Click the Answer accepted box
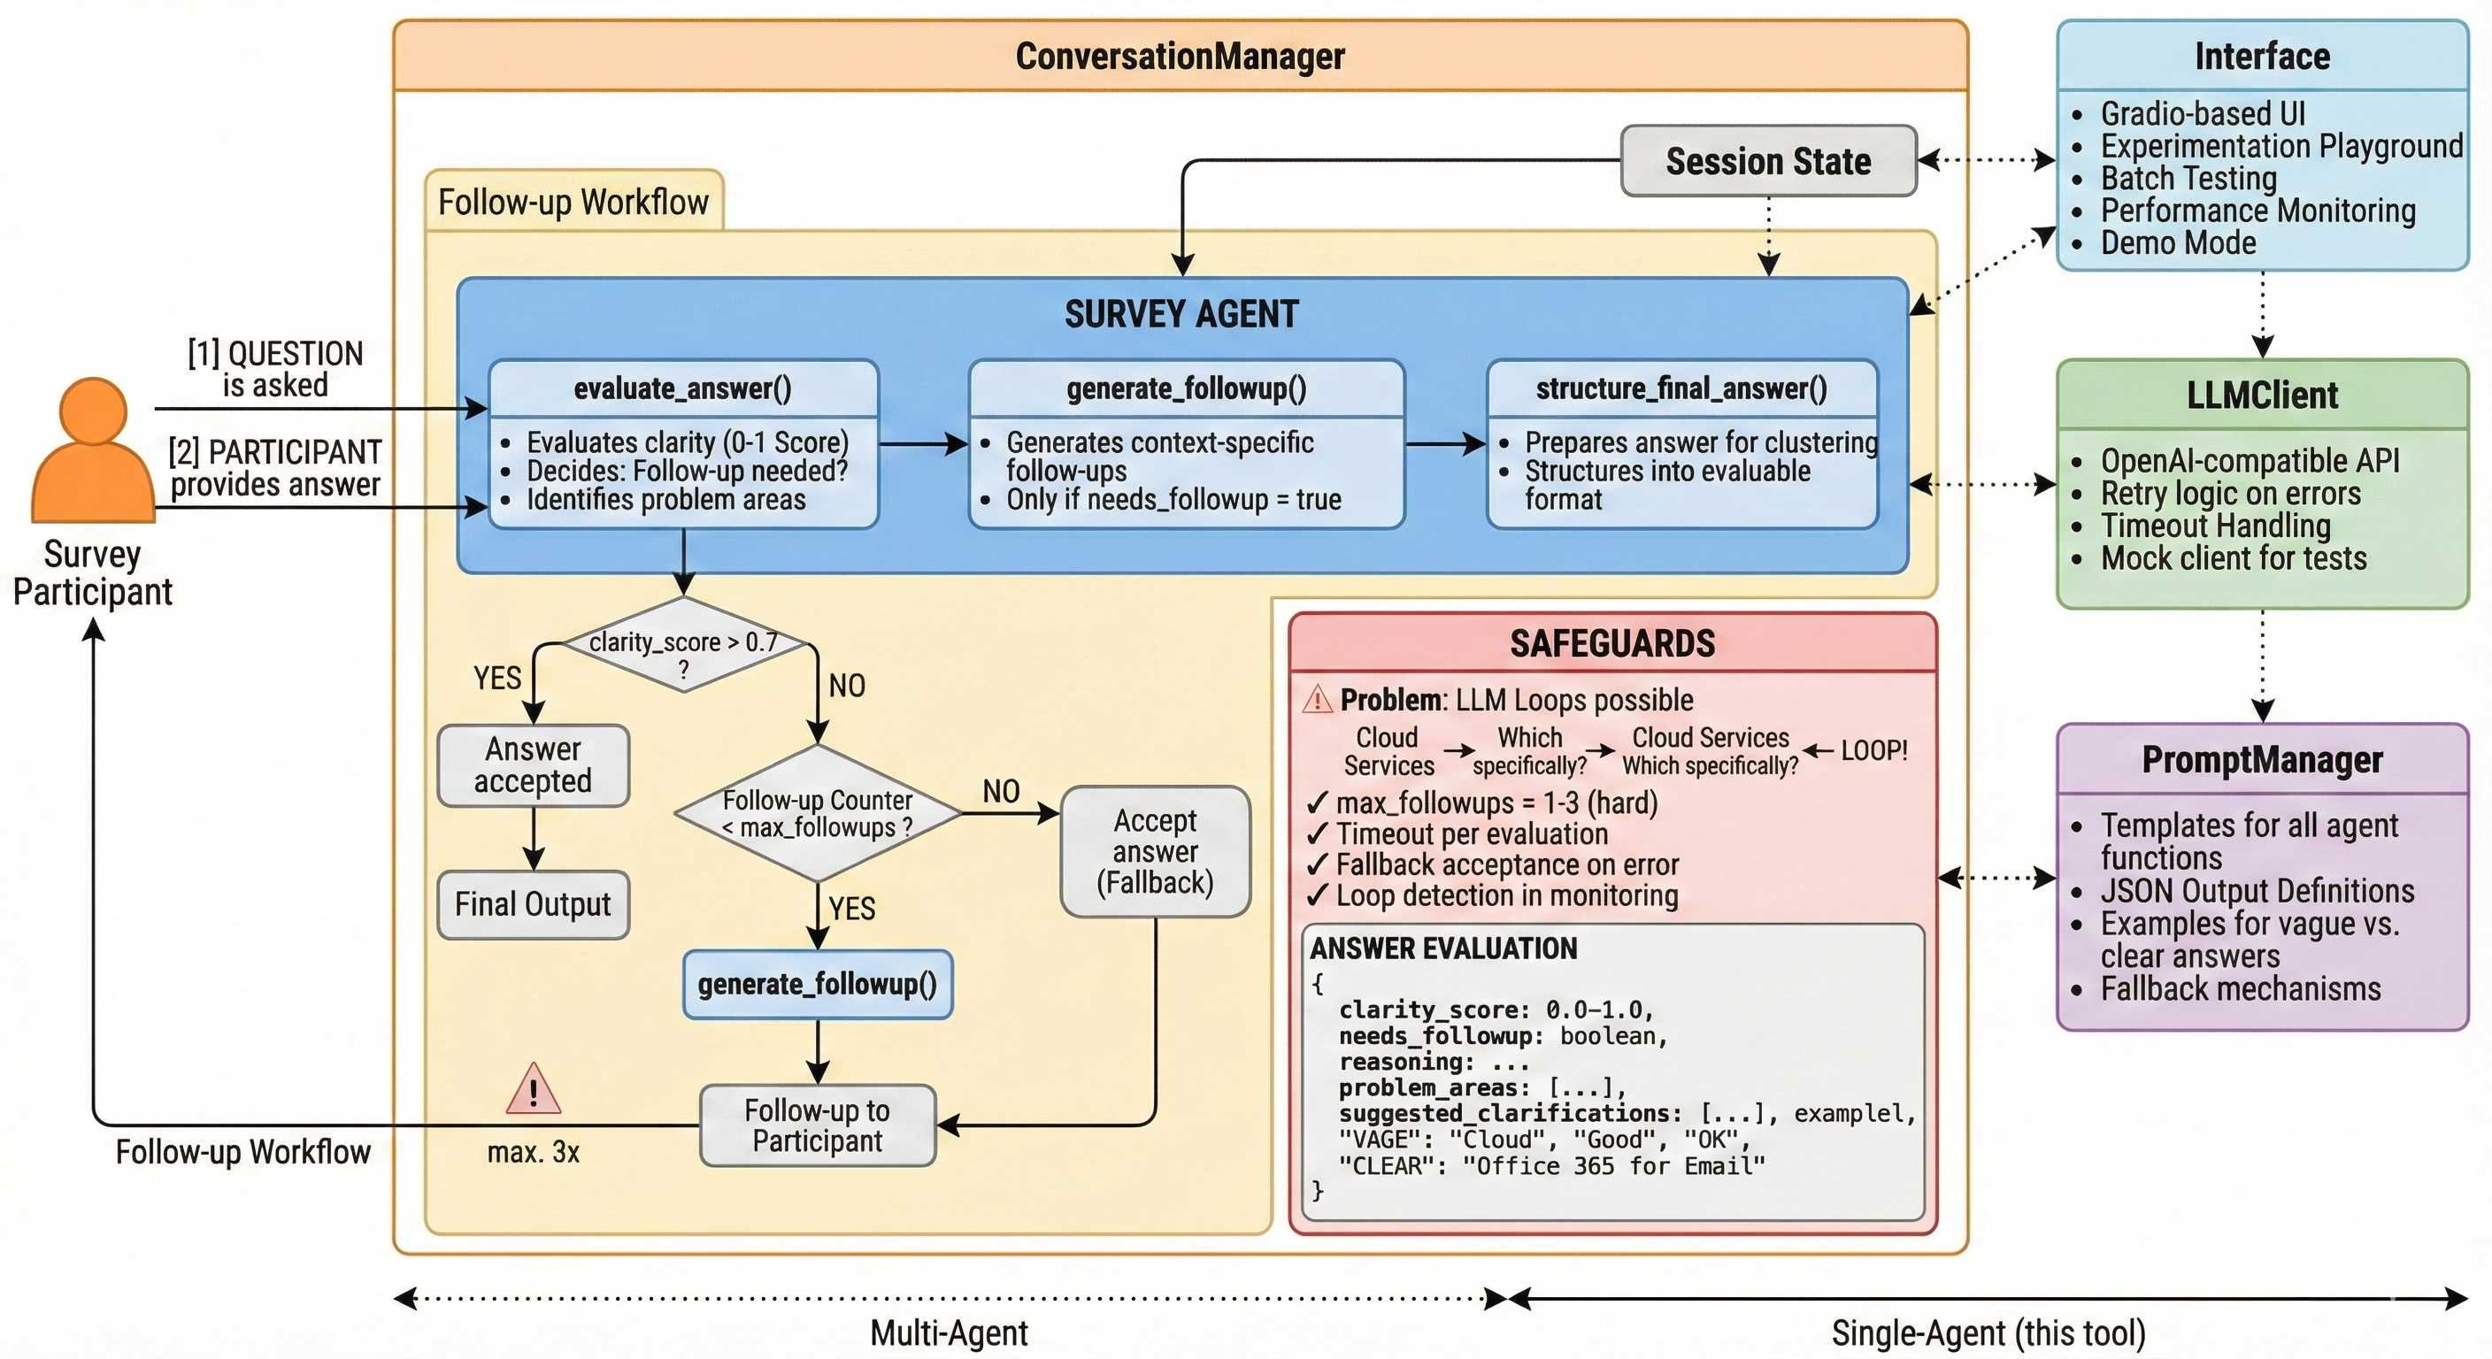tap(533, 765)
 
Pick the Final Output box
tap(533, 904)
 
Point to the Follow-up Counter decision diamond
tap(818, 813)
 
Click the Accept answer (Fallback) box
tap(1155, 851)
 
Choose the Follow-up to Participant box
tap(818, 1125)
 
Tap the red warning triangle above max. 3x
tap(533, 1090)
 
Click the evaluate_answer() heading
tap(683, 388)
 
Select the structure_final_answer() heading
tap(1681, 388)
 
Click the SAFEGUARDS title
tap(1612, 644)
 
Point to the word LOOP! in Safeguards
tap(1873, 750)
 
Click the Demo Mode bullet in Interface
tap(2178, 242)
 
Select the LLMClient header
tap(2262, 395)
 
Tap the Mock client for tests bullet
tap(2233, 558)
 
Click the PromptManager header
tap(2262, 760)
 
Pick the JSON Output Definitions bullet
tap(2257, 891)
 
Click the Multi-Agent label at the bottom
tap(949, 1332)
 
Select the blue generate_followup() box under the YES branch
tap(818, 985)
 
